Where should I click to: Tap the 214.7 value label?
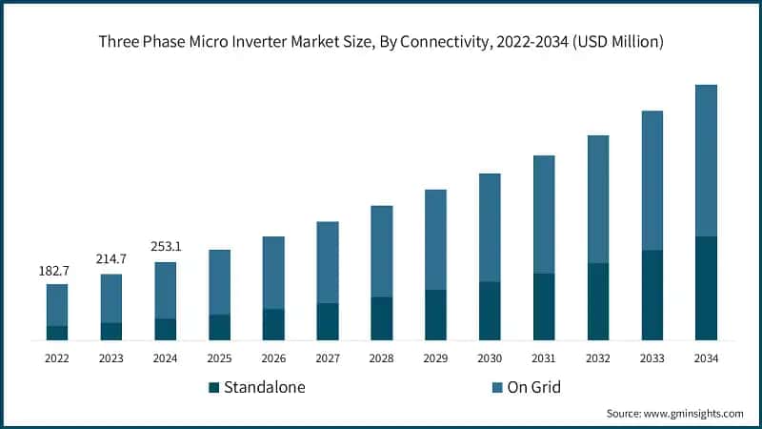111,259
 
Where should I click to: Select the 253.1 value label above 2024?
166,247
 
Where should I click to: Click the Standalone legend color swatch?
214,387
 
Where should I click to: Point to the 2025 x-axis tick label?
219,358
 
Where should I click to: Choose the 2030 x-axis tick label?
490,358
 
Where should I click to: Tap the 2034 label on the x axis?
706,358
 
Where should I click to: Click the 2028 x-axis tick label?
381,358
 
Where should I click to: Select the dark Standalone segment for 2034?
706,288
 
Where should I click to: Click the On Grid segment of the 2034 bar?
706,160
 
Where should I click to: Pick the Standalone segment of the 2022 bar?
57,333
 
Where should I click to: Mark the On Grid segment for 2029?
435,239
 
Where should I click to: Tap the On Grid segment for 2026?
273,273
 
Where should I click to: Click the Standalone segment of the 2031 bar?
544,306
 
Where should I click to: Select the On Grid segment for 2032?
597,199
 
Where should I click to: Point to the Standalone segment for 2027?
328,321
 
